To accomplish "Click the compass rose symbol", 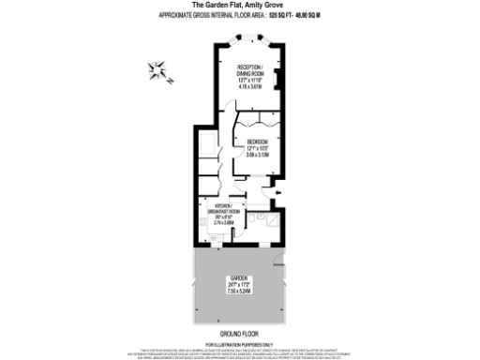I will (157, 69).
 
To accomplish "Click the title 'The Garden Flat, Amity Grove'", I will (240, 6).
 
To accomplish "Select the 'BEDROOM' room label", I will (258, 142).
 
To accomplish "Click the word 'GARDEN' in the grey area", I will (238, 278).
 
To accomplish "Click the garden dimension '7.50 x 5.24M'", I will (238, 292).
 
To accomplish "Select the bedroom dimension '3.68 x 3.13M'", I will (258, 155).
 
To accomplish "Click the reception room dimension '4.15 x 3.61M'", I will (249, 87).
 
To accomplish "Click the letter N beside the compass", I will (171, 81).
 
